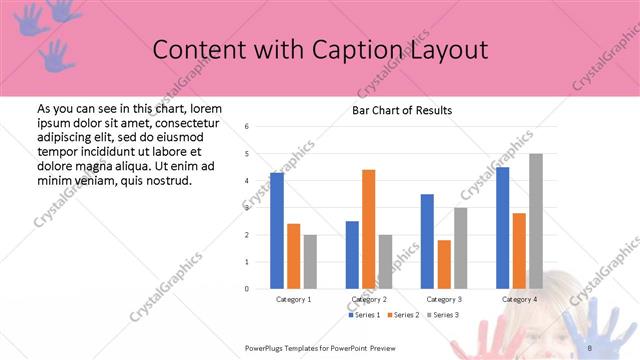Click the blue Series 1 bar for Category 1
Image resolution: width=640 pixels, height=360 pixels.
click(276, 231)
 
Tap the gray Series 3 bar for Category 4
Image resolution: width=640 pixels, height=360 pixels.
click(536, 221)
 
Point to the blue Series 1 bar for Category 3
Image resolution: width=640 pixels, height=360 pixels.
click(427, 241)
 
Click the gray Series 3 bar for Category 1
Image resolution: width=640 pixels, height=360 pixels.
click(310, 262)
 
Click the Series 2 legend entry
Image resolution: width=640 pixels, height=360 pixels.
click(404, 315)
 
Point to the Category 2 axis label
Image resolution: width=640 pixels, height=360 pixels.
click(369, 299)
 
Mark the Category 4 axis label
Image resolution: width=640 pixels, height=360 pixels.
click(519, 299)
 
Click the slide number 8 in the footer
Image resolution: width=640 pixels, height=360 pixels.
click(590, 347)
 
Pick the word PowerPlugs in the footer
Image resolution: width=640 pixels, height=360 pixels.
click(267, 347)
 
